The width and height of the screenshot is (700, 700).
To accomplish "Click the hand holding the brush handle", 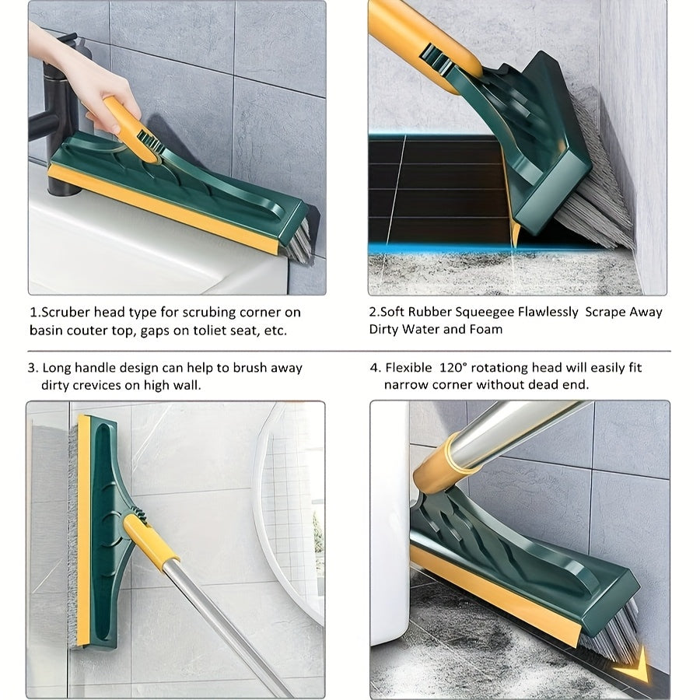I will pyautogui.click(x=78, y=78).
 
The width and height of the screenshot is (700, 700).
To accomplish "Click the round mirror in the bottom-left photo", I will pyautogui.click(x=288, y=498).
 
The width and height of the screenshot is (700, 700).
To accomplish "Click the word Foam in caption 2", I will pyautogui.click(x=486, y=329).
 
